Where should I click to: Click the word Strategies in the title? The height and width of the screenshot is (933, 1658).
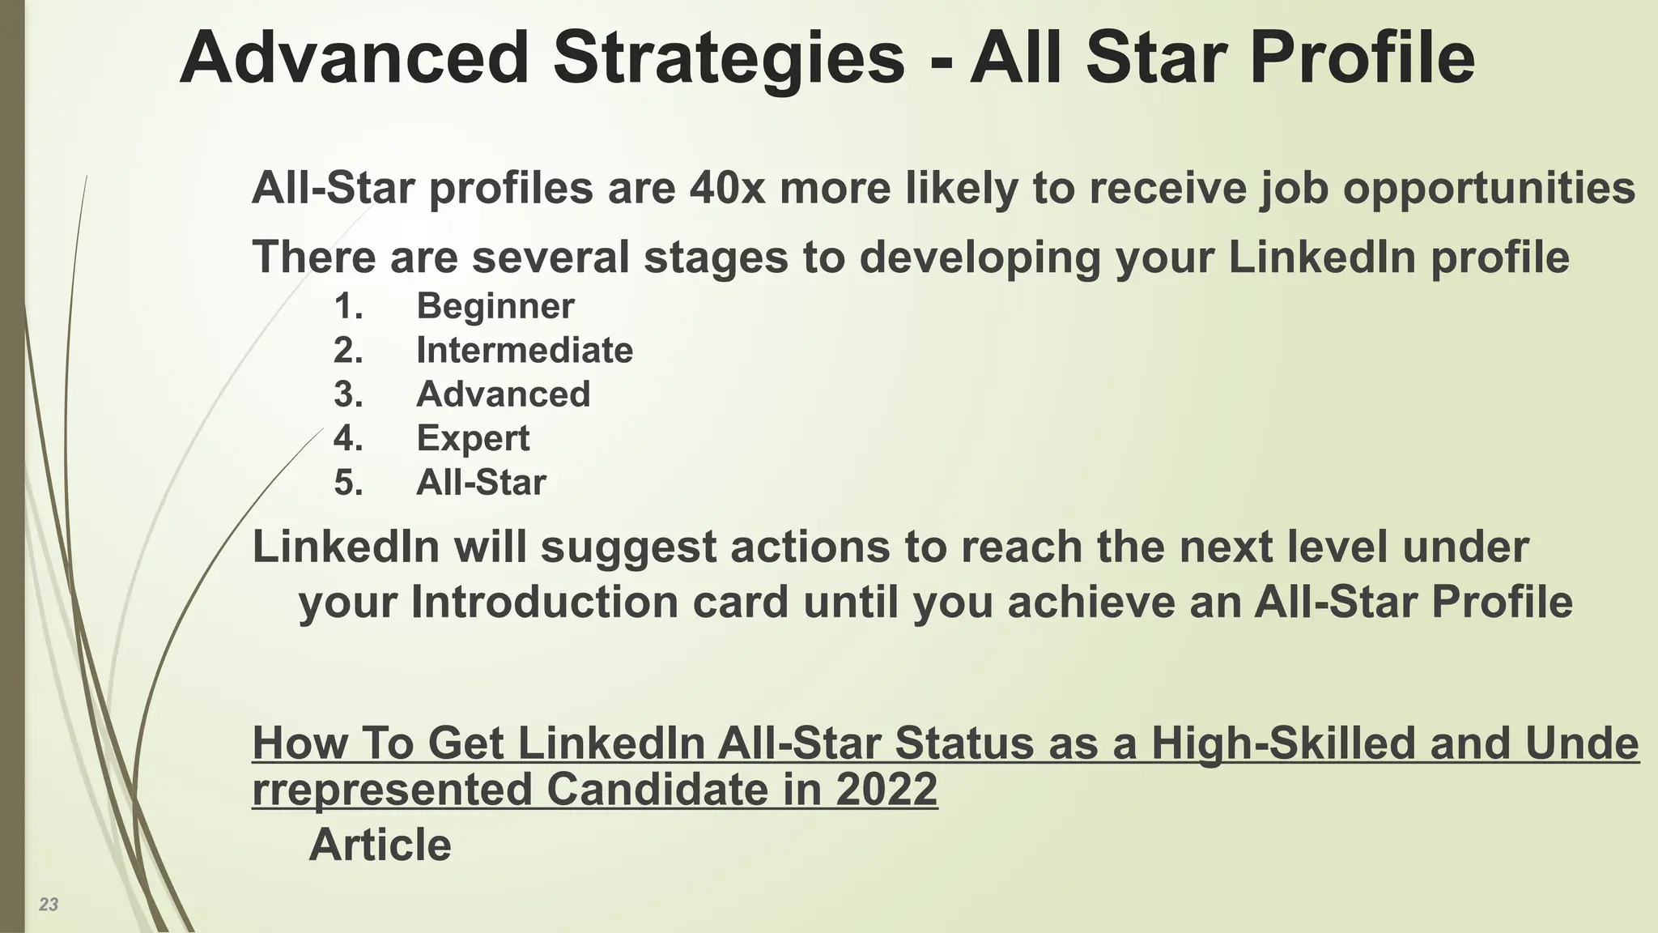click(x=728, y=58)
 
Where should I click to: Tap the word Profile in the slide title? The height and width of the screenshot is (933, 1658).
click(x=1362, y=58)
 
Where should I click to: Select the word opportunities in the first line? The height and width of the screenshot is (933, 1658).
click(x=1490, y=188)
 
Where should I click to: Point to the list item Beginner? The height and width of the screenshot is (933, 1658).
click(x=495, y=306)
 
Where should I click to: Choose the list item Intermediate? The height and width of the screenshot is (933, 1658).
click(x=524, y=351)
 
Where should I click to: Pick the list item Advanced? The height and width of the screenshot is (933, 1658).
click(x=503, y=394)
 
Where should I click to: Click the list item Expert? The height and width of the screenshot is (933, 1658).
click(x=473, y=438)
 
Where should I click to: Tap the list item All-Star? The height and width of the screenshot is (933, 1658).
click(x=481, y=483)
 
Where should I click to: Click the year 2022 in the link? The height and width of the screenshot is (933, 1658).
click(x=886, y=789)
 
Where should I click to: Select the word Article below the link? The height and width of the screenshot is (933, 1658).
click(x=380, y=845)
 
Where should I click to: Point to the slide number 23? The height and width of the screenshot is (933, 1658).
click(x=49, y=905)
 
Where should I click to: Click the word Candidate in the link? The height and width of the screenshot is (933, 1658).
click(x=657, y=789)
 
